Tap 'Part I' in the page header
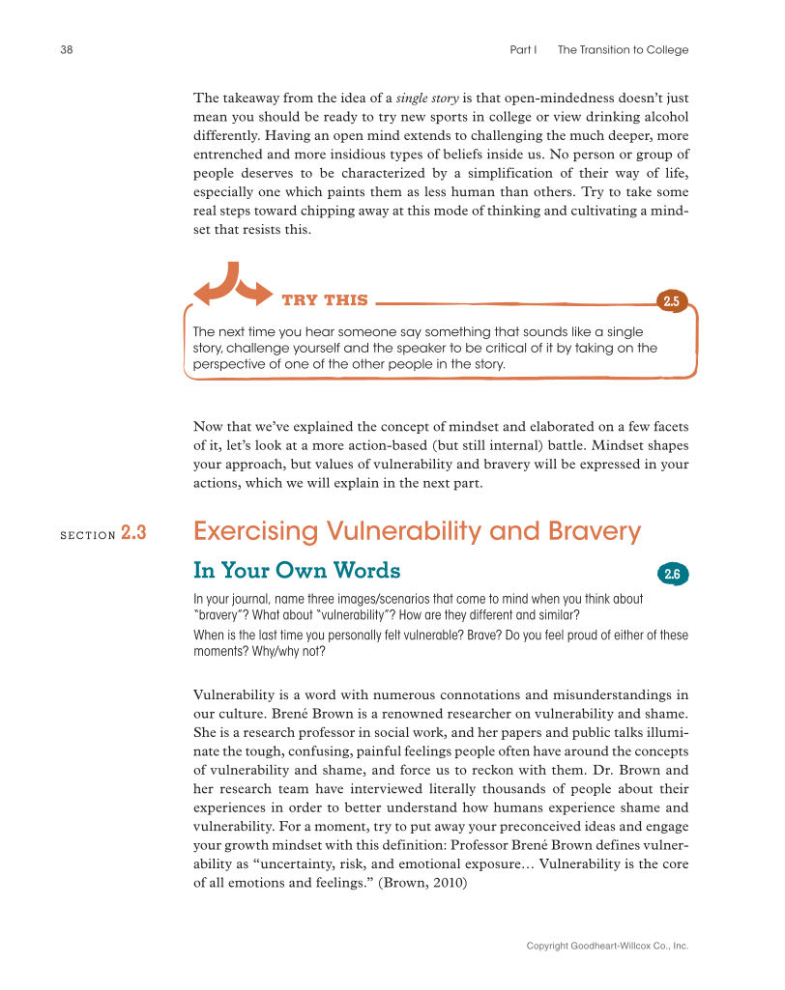pos(523,50)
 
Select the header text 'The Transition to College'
pos(623,50)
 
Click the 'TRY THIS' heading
pos(324,300)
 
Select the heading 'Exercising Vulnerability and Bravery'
pos(417,532)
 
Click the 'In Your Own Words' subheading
pos(297,571)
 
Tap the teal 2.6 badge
pos(672,575)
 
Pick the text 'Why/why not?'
pos(288,651)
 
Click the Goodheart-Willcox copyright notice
pos(607,947)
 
